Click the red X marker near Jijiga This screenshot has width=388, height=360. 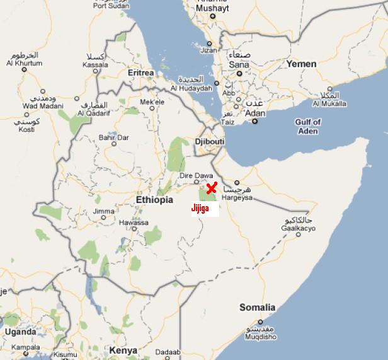pyautogui.click(x=212, y=188)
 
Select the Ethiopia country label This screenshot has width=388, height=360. pyautogui.click(x=154, y=200)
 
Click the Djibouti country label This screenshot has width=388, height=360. pyautogui.click(x=210, y=142)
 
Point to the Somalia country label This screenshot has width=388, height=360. pyautogui.click(x=257, y=308)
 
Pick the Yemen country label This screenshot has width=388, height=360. pyautogui.click(x=301, y=64)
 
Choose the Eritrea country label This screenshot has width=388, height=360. pyautogui.click(x=140, y=73)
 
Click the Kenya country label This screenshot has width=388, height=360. pyautogui.click(x=123, y=350)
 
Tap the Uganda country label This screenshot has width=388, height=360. pyautogui.click(x=20, y=332)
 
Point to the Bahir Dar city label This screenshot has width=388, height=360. pyautogui.click(x=114, y=137)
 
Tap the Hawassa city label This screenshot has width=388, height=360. pyautogui.click(x=135, y=223)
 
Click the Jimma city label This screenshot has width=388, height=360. pyautogui.click(x=104, y=211)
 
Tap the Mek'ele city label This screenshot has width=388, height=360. pyautogui.click(x=152, y=102)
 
